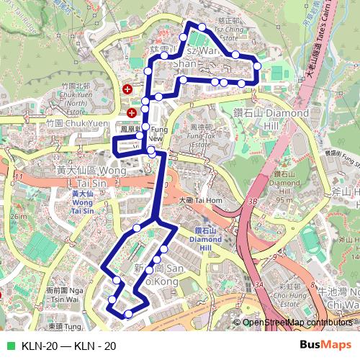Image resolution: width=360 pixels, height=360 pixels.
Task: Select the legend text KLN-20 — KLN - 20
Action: [69, 346]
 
